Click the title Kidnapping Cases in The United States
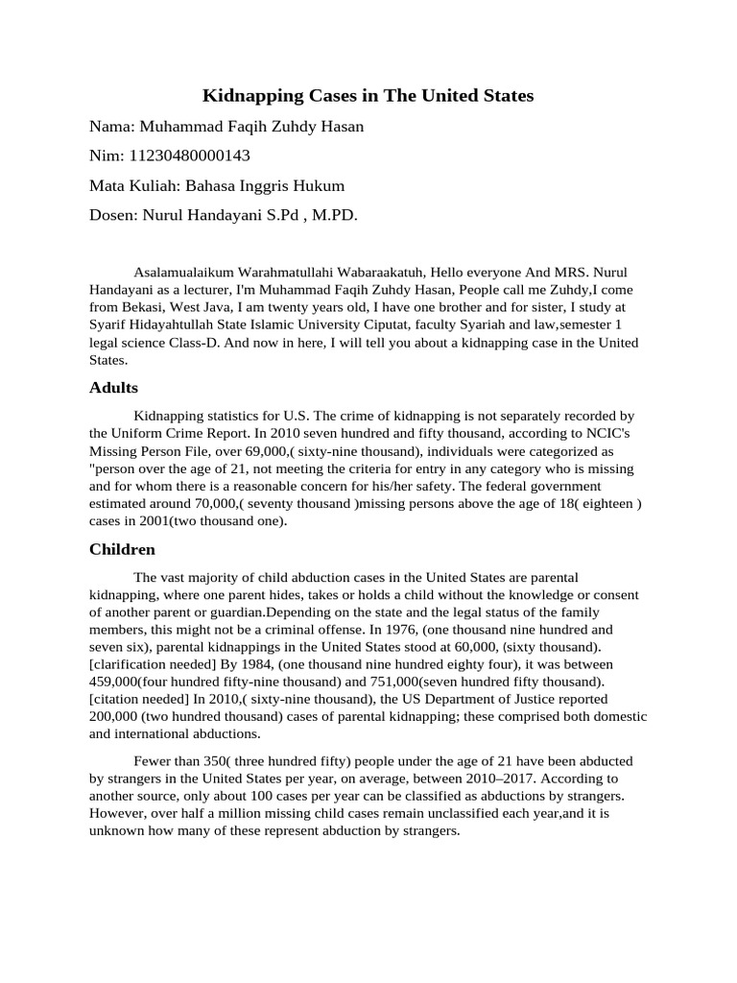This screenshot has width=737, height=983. click(x=368, y=96)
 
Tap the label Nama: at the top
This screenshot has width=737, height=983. click(x=113, y=127)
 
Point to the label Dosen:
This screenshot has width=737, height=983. click(x=114, y=216)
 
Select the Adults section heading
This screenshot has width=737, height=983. click(x=113, y=388)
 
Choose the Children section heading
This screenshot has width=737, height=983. click(x=122, y=550)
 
